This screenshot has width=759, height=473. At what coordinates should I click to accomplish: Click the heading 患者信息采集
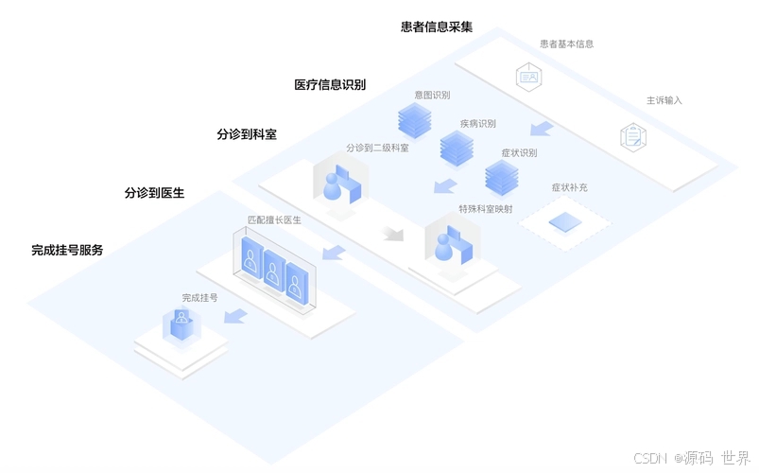point(436,26)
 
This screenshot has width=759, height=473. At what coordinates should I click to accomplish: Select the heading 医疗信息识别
point(330,84)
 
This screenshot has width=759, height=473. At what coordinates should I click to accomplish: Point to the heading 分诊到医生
point(154,192)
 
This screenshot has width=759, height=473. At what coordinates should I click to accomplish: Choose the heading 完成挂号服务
point(67,250)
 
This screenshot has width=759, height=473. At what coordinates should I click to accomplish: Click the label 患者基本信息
point(566,44)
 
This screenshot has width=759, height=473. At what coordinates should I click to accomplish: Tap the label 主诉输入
point(664,99)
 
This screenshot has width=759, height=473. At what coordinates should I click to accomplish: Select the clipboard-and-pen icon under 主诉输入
point(633,135)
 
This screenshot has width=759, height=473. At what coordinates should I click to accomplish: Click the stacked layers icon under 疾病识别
point(457,147)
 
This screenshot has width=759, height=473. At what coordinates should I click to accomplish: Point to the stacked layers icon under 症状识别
point(502,176)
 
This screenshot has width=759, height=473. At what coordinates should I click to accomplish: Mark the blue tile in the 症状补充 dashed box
point(565,222)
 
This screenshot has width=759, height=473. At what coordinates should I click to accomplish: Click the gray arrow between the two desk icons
point(391,232)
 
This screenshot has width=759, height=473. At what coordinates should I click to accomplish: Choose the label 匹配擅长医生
point(274,219)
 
